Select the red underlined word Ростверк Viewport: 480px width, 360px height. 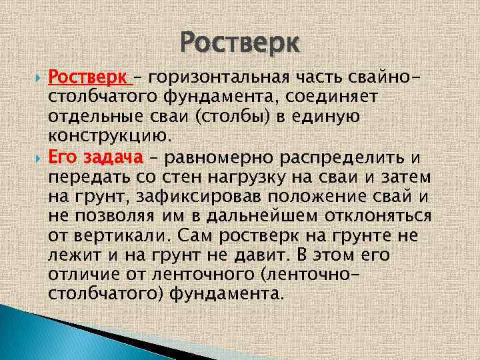[x=89, y=79]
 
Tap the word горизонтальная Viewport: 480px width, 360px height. [x=214, y=79]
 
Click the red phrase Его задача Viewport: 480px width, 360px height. [x=96, y=158]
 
